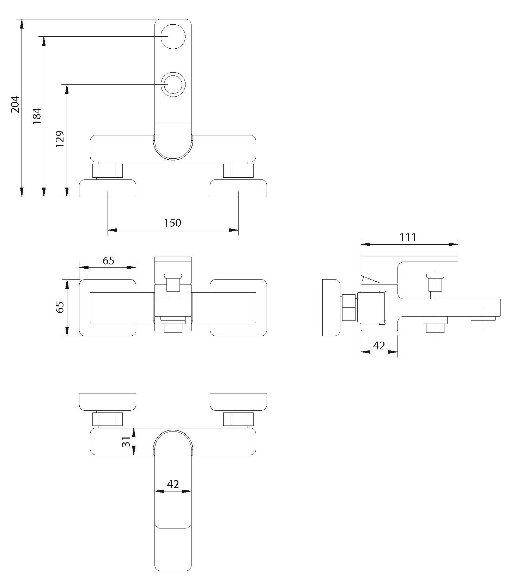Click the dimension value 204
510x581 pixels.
pyautogui.click(x=15, y=104)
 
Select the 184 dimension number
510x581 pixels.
pyautogui.click(x=37, y=116)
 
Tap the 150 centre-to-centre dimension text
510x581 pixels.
pyautogui.click(x=173, y=222)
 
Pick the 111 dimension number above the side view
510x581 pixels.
pyautogui.click(x=408, y=237)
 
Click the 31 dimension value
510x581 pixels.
pyautogui.click(x=126, y=441)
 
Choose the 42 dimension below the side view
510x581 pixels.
pyautogui.click(x=379, y=345)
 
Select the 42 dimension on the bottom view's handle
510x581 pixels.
pyautogui.click(x=173, y=484)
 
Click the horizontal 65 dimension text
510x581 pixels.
pyautogui.click(x=109, y=261)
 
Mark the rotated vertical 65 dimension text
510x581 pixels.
pyautogui.click(x=60, y=307)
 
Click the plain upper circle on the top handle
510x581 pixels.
pyautogui.click(x=173, y=36)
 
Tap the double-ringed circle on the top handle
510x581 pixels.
pyautogui.click(x=173, y=85)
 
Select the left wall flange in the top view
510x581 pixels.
pyautogui.click(x=108, y=188)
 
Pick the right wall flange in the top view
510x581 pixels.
pyautogui.click(x=238, y=188)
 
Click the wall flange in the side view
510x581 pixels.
pyautogui.click(x=332, y=307)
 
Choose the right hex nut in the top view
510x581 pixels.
pyautogui.click(x=238, y=171)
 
